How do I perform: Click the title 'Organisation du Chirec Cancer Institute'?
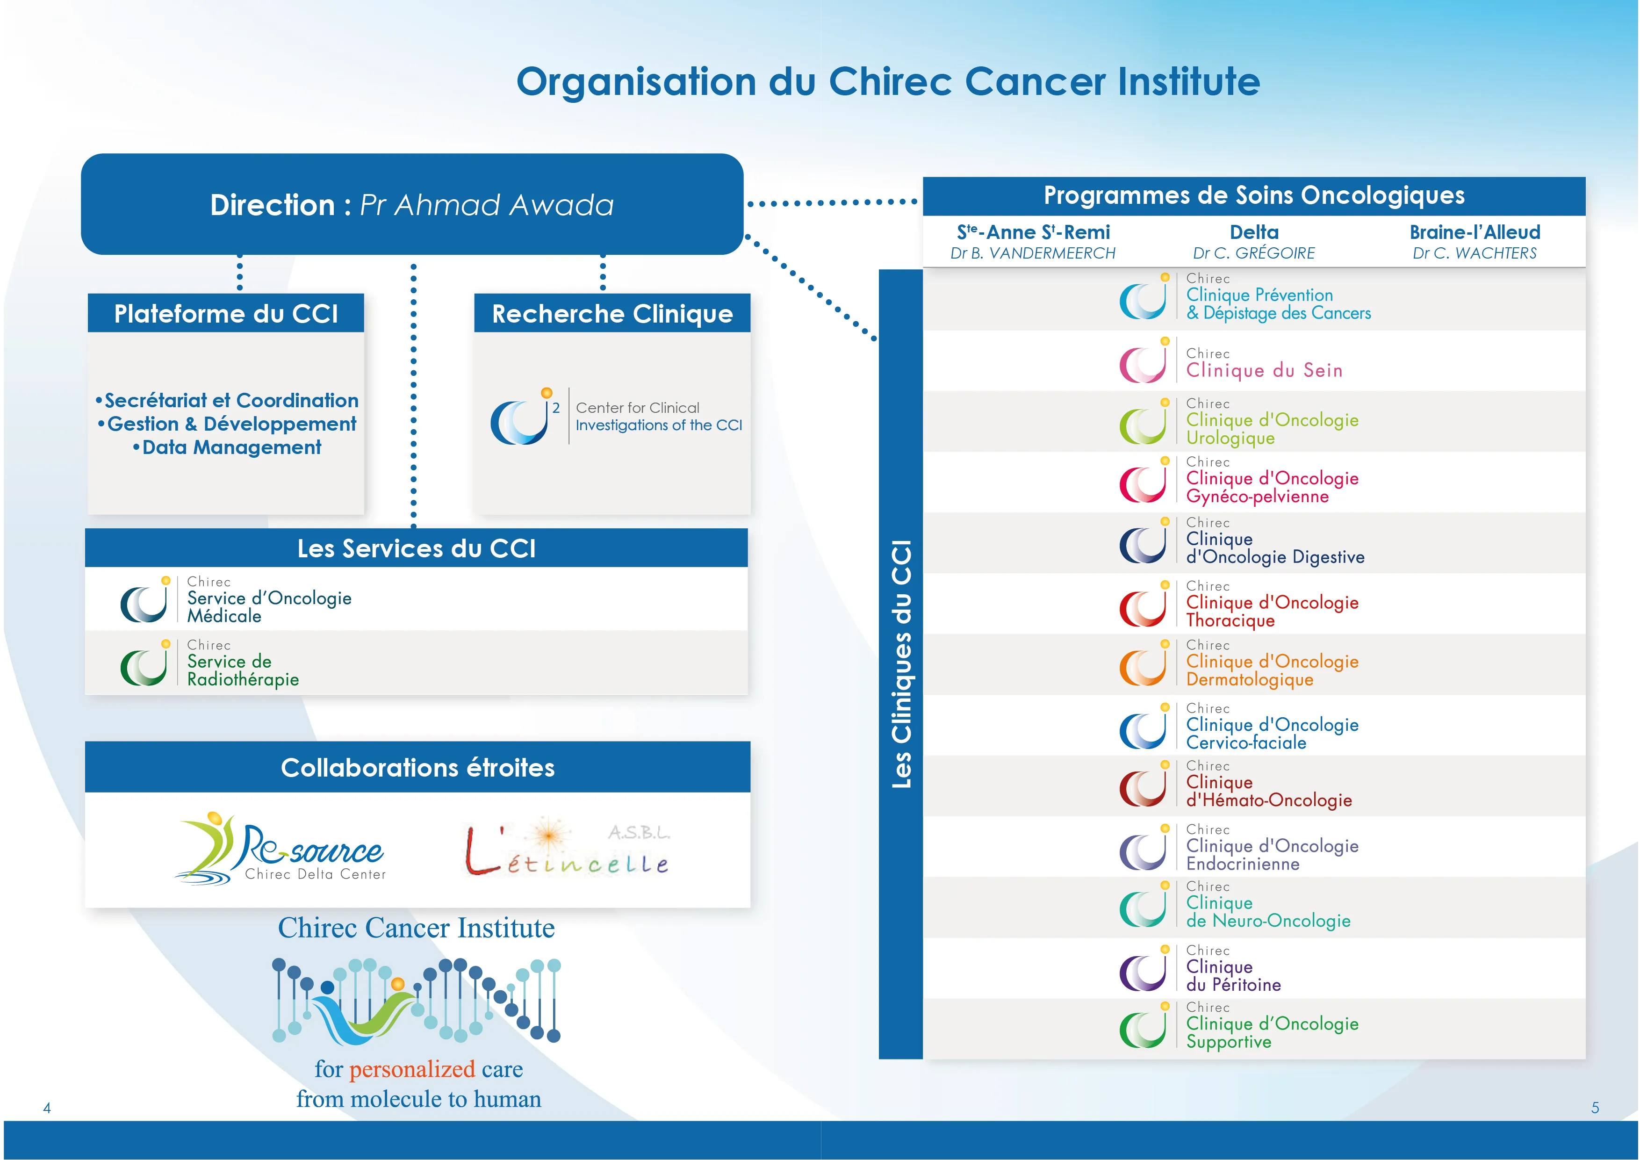[888, 81]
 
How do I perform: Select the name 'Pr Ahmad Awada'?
[486, 205]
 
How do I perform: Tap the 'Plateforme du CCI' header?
[226, 314]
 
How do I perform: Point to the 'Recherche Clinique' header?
[612, 314]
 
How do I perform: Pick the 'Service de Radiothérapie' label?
[242, 670]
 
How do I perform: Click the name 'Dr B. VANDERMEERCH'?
[1032, 253]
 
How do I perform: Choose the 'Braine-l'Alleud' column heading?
[1475, 232]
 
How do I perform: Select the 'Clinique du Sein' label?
[1264, 370]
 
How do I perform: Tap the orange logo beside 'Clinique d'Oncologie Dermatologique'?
[1143, 666]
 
